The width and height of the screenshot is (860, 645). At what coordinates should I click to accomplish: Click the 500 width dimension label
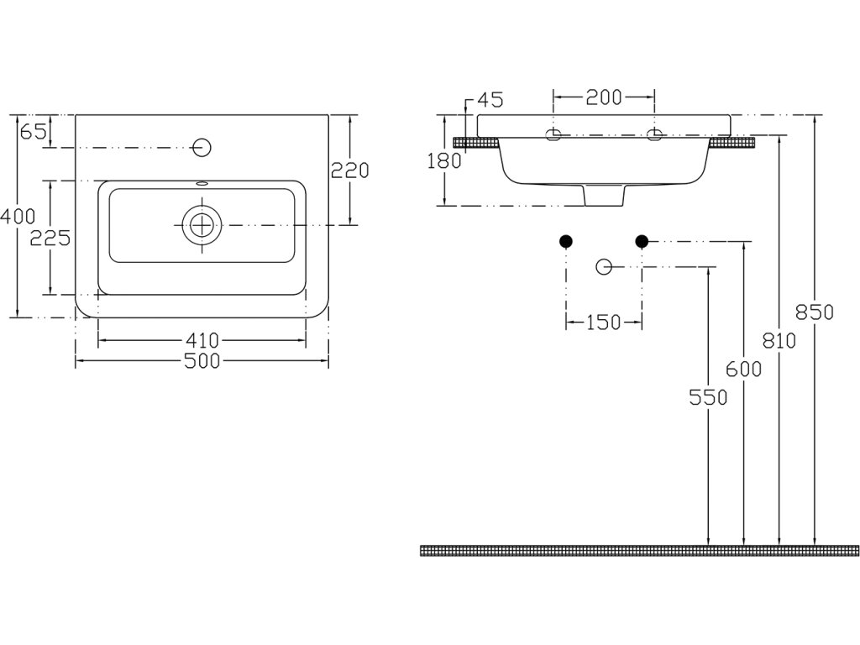coord(202,361)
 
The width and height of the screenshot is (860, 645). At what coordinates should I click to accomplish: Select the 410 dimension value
coord(202,340)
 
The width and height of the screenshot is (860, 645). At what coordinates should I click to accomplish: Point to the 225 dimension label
coord(50,238)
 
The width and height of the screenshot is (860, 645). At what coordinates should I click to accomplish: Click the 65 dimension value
coord(32,131)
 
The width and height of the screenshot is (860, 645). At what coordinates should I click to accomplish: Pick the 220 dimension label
coord(349,170)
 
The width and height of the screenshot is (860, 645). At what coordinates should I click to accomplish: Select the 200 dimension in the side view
coord(604,97)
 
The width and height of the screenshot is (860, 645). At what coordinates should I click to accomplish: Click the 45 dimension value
coord(489,100)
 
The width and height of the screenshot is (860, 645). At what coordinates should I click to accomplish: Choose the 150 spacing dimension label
coord(604,322)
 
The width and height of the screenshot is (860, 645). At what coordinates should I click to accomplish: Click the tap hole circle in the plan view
coord(201,147)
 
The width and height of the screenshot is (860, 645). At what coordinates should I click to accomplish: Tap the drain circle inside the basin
coord(202,224)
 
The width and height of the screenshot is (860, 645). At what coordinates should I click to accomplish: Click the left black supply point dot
coord(566,242)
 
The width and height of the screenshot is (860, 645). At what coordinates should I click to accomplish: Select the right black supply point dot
coord(642,242)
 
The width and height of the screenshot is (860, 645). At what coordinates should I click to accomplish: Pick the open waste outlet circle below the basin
coord(604,267)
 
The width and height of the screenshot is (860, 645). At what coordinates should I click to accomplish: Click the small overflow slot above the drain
coord(202,182)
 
